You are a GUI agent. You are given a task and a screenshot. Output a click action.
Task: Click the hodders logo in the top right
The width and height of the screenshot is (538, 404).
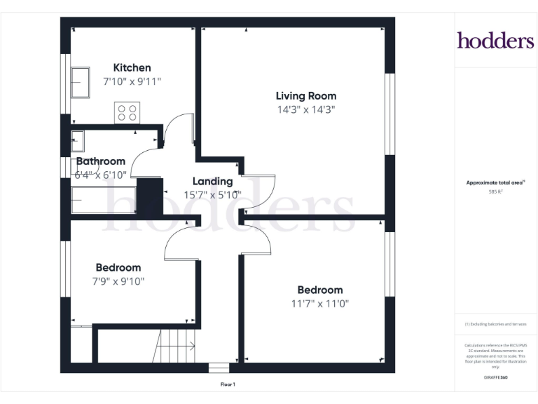click(x=495, y=40)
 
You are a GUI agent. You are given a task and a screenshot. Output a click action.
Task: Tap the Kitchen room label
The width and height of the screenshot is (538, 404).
click(x=132, y=68)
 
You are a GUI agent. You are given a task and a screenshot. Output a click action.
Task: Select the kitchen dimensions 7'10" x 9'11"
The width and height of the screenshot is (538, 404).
click(x=132, y=81)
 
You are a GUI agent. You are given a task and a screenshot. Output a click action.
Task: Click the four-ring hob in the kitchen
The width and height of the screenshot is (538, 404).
click(x=127, y=113)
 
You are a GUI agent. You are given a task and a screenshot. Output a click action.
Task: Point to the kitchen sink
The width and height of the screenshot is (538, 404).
click(x=79, y=83)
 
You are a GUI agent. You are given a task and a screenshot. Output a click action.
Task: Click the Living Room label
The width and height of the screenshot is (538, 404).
click(x=305, y=96)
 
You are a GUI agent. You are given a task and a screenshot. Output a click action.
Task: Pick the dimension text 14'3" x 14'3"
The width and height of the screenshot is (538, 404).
click(x=305, y=109)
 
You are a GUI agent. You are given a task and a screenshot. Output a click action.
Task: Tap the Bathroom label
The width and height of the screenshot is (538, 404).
click(x=101, y=161)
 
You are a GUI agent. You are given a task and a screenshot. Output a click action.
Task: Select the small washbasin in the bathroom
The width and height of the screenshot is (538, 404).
click(x=77, y=141)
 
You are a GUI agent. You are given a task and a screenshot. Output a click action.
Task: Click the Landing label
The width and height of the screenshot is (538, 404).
click(x=212, y=182)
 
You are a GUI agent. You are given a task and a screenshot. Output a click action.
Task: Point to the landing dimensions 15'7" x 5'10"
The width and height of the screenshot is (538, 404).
click(x=212, y=195)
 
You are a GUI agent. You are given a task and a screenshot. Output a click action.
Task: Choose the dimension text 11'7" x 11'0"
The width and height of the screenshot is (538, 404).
click(x=319, y=304)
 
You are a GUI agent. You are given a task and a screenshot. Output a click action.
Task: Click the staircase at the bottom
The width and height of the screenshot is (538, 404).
click(x=175, y=346)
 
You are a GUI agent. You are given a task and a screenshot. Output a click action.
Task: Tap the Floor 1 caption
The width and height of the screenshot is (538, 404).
click(x=228, y=384)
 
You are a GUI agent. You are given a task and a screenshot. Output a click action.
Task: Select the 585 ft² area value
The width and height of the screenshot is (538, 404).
click(x=495, y=191)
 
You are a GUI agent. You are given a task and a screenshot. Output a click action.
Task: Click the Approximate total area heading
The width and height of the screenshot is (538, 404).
click(x=495, y=182)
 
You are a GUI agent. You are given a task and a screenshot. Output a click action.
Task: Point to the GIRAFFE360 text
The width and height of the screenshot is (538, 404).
click(x=495, y=377)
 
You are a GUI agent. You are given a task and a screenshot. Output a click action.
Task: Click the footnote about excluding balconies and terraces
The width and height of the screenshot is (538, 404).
click(x=495, y=324)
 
